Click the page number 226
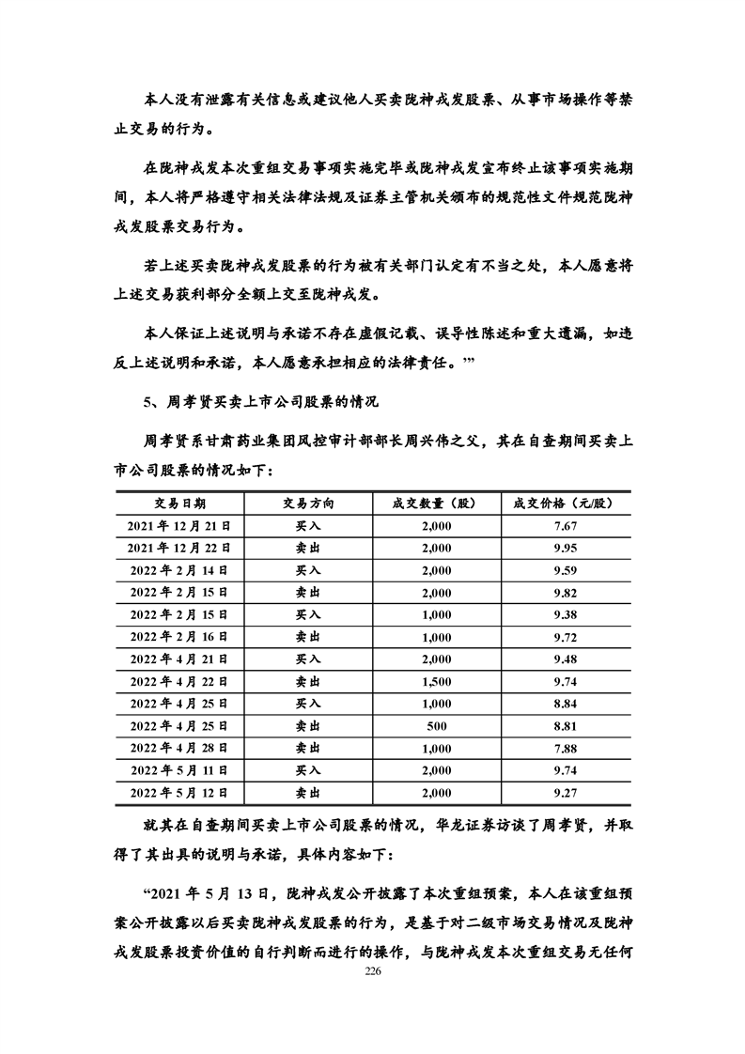[372, 973]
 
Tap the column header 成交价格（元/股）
[565, 504]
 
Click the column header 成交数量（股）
[436, 504]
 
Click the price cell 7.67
[565, 526]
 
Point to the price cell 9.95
[565, 548]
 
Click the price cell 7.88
[565, 749]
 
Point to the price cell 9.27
[565, 793]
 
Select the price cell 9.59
[565, 570]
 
